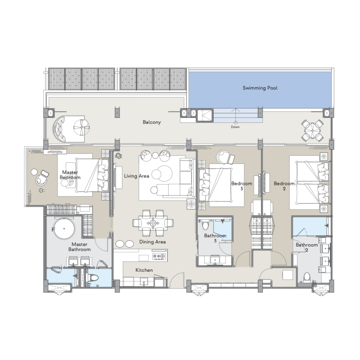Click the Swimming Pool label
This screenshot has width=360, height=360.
(x=260, y=88)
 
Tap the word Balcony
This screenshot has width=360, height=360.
(x=152, y=122)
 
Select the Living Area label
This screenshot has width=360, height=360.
(x=137, y=176)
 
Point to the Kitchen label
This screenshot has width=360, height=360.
(x=144, y=270)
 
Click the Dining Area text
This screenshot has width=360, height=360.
(x=153, y=242)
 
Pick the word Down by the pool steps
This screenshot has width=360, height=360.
(x=235, y=127)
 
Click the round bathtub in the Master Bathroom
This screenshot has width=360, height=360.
(x=64, y=229)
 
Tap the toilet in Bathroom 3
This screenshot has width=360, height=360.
(x=206, y=225)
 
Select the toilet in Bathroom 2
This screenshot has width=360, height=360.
(x=307, y=277)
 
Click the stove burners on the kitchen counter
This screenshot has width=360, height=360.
(x=159, y=256)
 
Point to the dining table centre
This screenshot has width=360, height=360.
(x=153, y=223)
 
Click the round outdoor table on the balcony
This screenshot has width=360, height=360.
(x=312, y=130)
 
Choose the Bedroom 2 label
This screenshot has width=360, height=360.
(x=284, y=186)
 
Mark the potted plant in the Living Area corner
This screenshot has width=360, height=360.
(x=118, y=156)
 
